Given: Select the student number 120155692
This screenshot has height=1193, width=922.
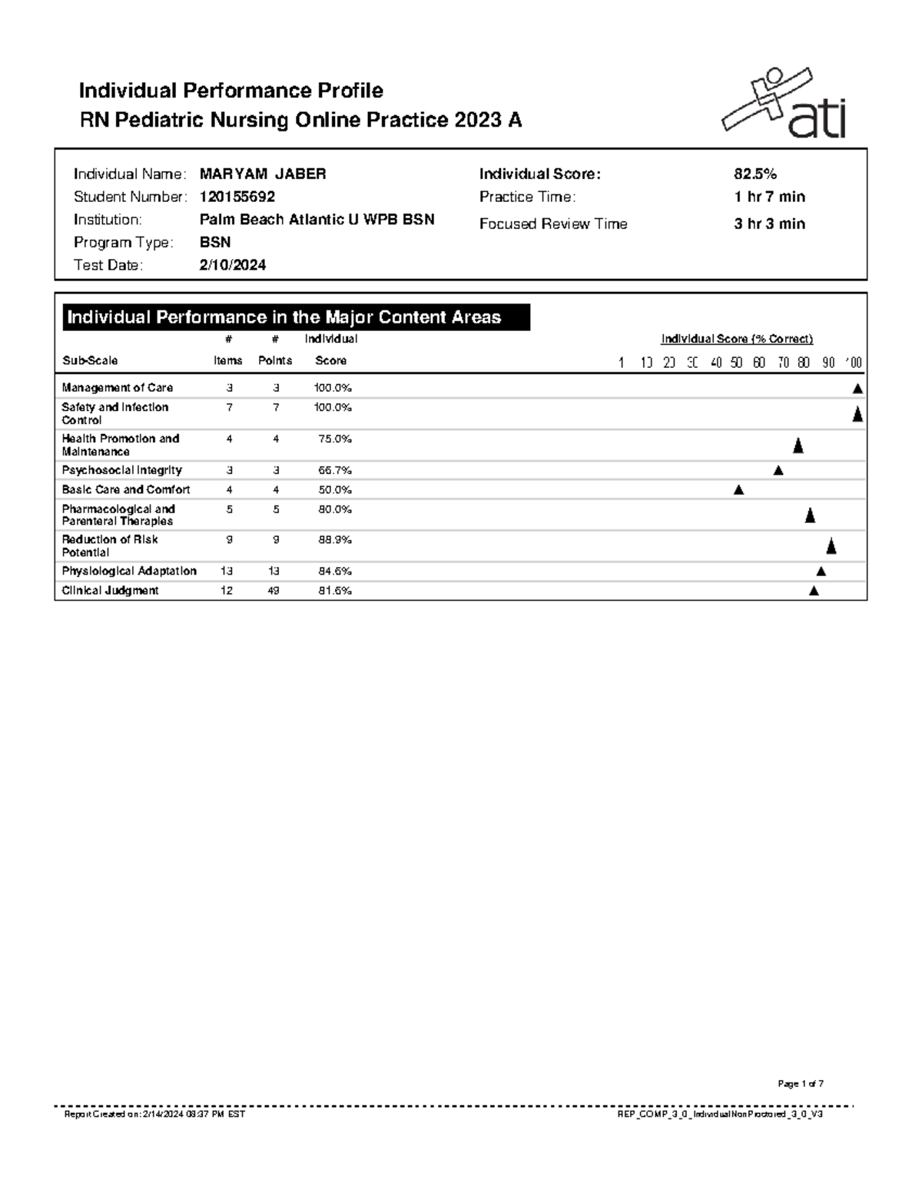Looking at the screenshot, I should point(237,197).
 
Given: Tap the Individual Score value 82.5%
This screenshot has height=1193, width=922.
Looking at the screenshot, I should point(755,174).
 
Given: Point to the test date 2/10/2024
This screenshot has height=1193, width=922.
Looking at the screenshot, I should point(233,265).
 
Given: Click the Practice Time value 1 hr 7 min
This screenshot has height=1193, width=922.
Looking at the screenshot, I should point(769,197).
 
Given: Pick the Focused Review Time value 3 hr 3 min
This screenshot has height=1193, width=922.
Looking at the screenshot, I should point(769,224).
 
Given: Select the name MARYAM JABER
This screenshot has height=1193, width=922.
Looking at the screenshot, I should point(263,174).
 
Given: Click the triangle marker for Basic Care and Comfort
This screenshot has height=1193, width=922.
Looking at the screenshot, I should point(738,490).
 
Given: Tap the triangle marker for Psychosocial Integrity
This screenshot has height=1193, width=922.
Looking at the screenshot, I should point(778,470).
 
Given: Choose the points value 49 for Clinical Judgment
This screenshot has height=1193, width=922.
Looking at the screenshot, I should point(274,591).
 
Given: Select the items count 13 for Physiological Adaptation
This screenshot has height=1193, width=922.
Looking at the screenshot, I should point(227,571).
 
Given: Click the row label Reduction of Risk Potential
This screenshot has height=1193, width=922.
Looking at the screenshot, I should point(109,545).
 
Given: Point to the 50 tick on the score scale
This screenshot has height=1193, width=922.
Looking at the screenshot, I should point(737,363).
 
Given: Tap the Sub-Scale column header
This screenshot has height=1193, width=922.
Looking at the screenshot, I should point(90,360).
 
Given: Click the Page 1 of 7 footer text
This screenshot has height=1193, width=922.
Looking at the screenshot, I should point(801,1084).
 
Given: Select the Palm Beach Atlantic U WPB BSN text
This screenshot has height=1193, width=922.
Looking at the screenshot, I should point(317,220).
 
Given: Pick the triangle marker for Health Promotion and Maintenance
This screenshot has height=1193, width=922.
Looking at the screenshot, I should point(798,446).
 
